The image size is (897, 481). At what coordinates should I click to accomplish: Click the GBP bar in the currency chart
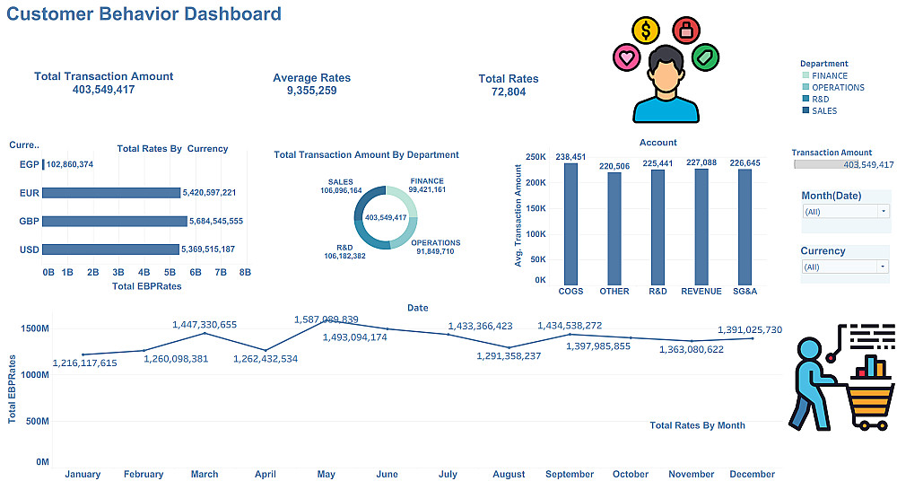click(x=114, y=221)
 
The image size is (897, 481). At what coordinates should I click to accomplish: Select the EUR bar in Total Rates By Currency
click(x=111, y=192)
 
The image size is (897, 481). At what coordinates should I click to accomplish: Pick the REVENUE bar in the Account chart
click(x=701, y=225)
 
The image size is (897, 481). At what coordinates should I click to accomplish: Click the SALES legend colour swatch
click(x=805, y=111)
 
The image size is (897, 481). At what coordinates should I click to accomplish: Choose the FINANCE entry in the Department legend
click(x=829, y=76)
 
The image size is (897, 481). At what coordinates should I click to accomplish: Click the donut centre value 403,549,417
click(x=386, y=218)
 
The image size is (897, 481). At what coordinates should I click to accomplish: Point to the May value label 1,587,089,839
click(x=327, y=319)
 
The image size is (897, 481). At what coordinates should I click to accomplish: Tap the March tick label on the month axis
click(x=205, y=474)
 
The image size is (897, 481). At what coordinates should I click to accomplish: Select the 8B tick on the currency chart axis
click(x=245, y=271)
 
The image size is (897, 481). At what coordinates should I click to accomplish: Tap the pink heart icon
click(x=625, y=58)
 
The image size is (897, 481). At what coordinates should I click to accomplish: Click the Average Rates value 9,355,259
click(x=311, y=91)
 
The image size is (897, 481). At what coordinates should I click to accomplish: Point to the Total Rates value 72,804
click(x=509, y=92)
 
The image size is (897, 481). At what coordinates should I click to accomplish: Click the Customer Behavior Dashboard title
click(x=144, y=14)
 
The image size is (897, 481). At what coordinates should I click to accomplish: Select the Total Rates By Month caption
click(x=697, y=425)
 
